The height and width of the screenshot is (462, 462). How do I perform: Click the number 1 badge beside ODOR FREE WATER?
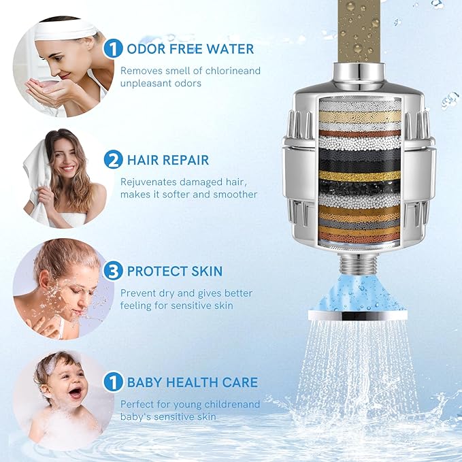point(113,48)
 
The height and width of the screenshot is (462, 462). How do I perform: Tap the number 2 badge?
point(113,160)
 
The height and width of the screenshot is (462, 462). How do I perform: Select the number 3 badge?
point(113,271)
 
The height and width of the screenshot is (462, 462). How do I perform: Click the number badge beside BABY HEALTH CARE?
point(113,382)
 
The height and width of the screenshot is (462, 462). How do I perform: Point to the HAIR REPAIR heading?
point(168,160)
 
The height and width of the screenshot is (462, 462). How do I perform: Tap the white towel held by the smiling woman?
point(41,184)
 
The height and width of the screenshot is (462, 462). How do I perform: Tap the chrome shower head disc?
point(358,316)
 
